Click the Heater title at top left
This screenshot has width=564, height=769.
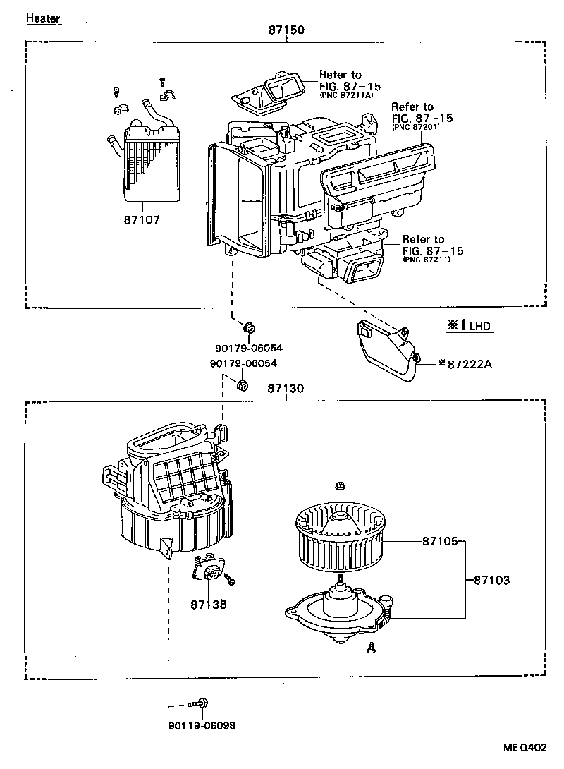coord(43,18)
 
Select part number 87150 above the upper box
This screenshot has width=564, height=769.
coord(286,30)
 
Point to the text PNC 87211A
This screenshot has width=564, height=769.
coord(345,95)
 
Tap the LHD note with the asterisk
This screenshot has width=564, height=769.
coord(468,326)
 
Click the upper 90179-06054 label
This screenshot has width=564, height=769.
coord(243,347)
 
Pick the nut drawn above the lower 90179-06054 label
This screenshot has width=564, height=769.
coord(242,385)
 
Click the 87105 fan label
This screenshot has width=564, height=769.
coord(441,541)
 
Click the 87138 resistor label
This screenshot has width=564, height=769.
coord(209,604)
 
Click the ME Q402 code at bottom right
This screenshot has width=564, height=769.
coord(525,747)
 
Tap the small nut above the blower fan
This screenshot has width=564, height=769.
coord(340,485)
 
